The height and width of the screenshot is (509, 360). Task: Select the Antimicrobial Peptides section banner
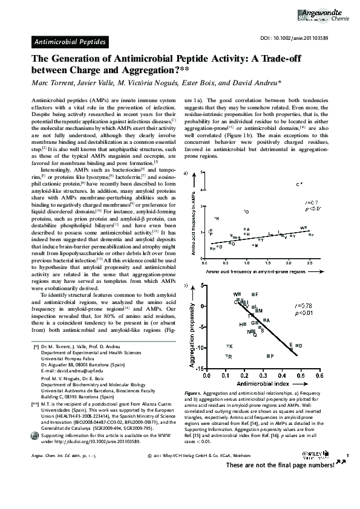point(70,42)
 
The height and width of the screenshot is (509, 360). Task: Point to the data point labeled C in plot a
point(298,184)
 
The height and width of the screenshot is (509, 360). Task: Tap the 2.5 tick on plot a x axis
point(310,257)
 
